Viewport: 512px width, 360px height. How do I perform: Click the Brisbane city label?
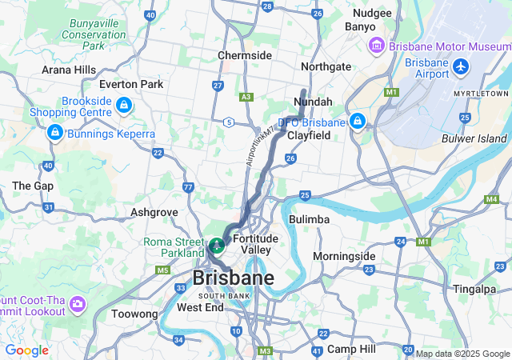[x=233, y=278]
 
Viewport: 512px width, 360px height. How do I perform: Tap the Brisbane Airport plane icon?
[x=461, y=66]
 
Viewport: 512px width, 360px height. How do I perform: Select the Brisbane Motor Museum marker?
[x=375, y=46]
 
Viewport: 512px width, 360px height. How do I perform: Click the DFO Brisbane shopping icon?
[x=357, y=122]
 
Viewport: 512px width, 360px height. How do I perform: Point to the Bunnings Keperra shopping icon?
[x=54, y=132]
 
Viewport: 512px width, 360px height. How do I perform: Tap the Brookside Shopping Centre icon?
[x=123, y=105]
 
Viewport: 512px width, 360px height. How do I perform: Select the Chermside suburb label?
[x=245, y=55]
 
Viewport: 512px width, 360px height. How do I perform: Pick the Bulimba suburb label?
[x=309, y=219]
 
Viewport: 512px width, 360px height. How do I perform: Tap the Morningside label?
[x=344, y=256]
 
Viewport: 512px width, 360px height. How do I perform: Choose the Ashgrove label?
[x=154, y=213]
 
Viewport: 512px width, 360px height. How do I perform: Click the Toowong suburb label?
[x=134, y=314]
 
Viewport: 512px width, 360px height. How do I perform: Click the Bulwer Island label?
[x=474, y=138]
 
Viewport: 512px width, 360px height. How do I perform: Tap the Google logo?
[x=26, y=350]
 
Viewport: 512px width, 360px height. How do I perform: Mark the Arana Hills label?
[x=69, y=70]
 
